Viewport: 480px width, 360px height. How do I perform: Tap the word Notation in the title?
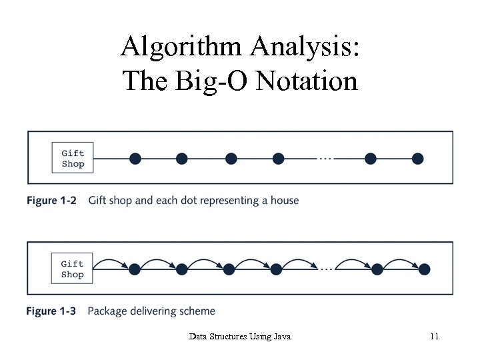[x=307, y=81]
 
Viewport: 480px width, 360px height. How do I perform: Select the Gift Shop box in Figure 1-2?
[x=73, y=158]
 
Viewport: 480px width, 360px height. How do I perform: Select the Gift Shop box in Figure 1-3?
[x=73, y=269]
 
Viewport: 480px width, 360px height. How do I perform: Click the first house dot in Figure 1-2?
[x=135, y=158]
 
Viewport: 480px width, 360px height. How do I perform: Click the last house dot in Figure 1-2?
[x=417, y=158]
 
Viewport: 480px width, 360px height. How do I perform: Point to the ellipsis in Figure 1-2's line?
[x=325, y=159]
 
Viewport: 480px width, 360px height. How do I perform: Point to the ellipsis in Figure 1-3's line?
[x=325, y=269]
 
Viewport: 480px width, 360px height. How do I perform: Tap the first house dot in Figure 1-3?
[x=135, y=269]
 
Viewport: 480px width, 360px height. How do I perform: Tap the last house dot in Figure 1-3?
[x=424, y=269]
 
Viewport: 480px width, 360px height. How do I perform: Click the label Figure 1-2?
[x=51, y=200]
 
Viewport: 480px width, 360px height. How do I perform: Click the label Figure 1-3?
[x=51, y=311]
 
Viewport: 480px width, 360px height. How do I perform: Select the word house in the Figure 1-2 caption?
[x=285, y=200]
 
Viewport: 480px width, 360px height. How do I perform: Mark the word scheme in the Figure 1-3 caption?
[x=198, y=311]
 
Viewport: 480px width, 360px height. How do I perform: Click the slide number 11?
[x=434, y=337]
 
